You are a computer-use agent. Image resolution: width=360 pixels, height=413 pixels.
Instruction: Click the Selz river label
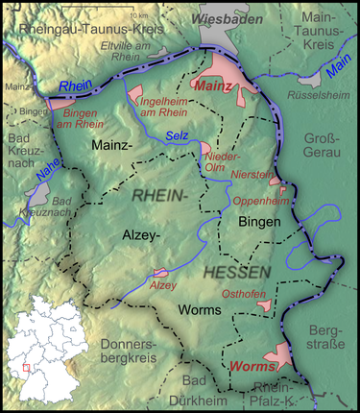[178, 136]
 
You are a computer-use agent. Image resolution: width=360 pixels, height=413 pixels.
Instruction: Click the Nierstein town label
[252, 174]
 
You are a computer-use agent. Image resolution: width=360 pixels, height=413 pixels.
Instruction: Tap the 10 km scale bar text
[140, 16]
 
